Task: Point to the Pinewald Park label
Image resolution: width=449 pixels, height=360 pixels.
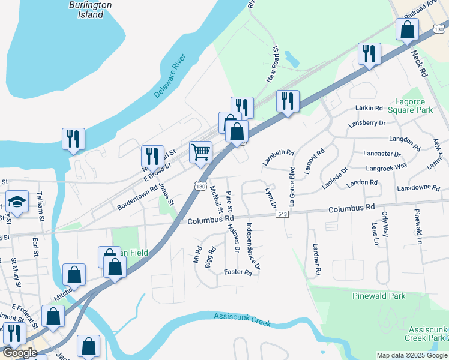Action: (379, 296)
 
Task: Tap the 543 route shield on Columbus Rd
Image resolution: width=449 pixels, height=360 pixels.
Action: (283, 214)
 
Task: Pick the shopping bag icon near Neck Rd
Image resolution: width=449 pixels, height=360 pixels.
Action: (408, 30)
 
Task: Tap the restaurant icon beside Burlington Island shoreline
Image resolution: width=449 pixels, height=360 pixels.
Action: (73, 139)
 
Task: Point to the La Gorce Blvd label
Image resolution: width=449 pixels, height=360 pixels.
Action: (292, 182)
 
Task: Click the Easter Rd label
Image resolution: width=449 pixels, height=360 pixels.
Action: (237, 272)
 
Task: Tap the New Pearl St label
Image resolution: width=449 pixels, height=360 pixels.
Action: (272, 65)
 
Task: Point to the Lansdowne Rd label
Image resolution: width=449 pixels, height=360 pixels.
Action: (418, 188)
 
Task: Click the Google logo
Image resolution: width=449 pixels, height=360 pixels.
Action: (19, 353)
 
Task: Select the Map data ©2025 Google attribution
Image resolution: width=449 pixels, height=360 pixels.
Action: (411, 355)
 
